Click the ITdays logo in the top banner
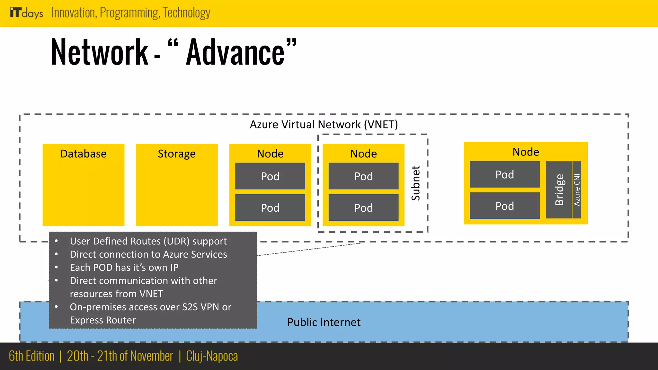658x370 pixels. click(26, 13)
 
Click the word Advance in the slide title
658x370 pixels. click(235, 52)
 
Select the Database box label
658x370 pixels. click(84, 154)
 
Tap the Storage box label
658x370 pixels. click(177, 154)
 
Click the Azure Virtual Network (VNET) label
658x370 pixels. click(324, 124)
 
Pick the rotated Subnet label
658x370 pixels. click(416, 183)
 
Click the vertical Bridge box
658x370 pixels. click(559, 190)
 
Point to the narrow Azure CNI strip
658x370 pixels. click(577, 190)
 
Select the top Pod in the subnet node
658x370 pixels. click(363, 176)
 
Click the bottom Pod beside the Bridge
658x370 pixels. click(504, 206)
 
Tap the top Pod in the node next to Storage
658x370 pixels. click(270, 176)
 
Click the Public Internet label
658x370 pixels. click(324, 322)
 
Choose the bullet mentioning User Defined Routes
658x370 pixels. click(148, 241)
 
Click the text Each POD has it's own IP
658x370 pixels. click(124, 268)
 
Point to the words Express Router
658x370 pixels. click(103, 320)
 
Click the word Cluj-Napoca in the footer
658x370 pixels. click(212, 356)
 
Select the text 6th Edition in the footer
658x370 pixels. click(31, 356)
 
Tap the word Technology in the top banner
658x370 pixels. click(186, 13)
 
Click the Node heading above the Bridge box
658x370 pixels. click(526, 152)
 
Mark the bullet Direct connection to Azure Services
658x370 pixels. click(148, 254)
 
